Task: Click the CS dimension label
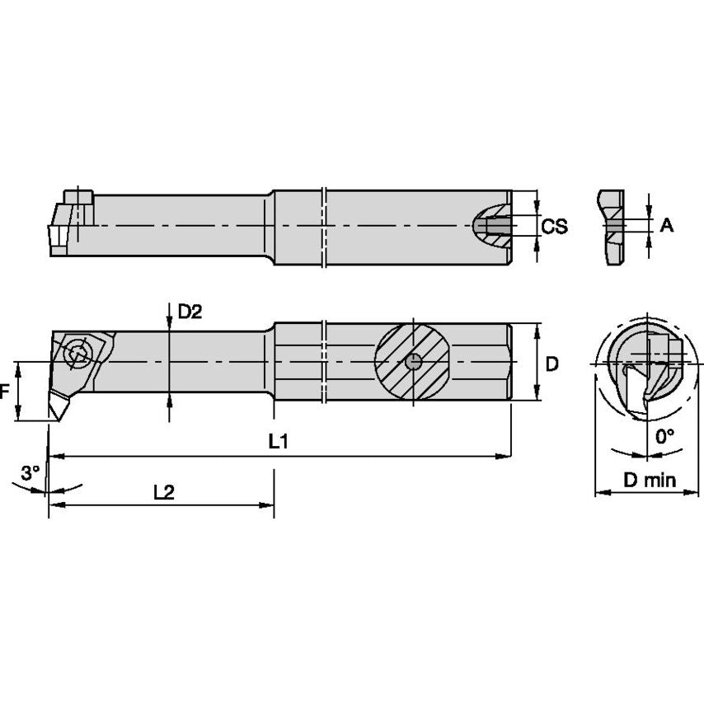coord(554,226)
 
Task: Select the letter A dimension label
coord(666,224)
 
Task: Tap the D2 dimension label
coord(190,312)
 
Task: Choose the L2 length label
coord(164,491)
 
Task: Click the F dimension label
coord(5,392)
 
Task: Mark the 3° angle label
coord(30,473)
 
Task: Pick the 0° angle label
coord(664,436)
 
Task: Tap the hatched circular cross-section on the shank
coord(412,362)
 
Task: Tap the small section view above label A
coord(612,227)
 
